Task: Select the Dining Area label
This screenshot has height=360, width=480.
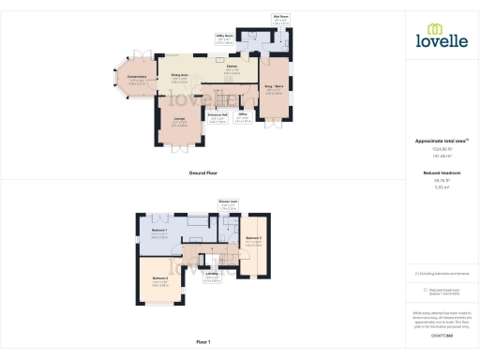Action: tap(180, 76)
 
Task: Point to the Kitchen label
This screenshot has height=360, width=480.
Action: tap(232, 68)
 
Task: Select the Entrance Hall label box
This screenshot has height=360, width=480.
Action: tap(217, 119)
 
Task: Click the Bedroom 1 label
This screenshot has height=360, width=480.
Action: tap(159, 231)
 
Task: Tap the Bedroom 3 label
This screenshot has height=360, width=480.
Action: tap(253, 239)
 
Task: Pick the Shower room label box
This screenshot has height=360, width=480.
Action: tap(227, 204)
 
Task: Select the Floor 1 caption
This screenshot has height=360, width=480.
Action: tap(203, 342)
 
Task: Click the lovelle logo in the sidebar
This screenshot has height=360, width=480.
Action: tap(441, 38)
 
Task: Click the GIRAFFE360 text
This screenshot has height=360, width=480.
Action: tap(441, 333)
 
